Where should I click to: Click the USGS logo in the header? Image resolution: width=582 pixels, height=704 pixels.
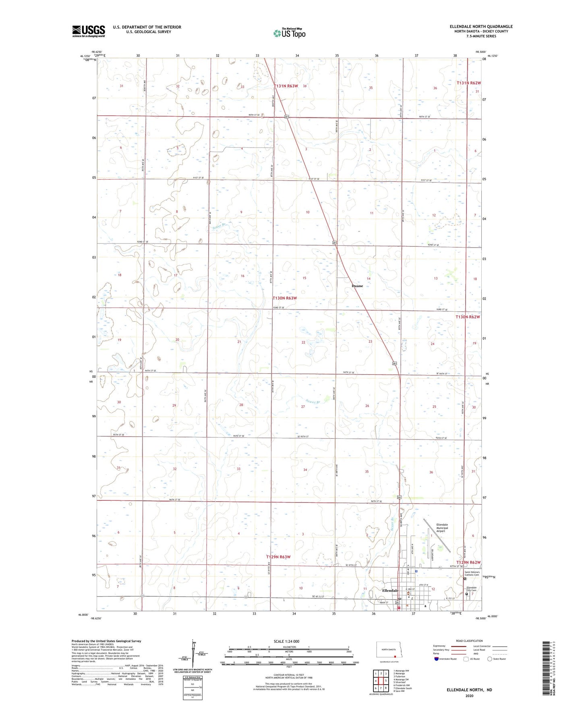pyautogui.click(x=89, y=31)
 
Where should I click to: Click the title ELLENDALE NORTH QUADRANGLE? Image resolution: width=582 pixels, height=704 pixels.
pyautogui.click(x=481, y=27)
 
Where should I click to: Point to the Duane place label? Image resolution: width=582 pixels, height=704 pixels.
pyautogui.click(x=357, y=286)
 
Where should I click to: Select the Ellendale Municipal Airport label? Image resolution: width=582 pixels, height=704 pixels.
pyautogui.click(x=442, y=528)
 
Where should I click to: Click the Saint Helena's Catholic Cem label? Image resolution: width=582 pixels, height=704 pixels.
pyautogui.click(x=473, y=573)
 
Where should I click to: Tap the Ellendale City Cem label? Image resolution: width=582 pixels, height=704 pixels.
pyautogui.click(x=471, y=589)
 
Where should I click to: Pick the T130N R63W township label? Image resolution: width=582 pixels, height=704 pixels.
pyautogui.click(x=285, y=298)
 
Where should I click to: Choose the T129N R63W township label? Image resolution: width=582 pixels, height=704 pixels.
pyautogui.click(x=278, y=557)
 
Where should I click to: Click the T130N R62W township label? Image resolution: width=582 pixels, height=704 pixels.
pyautogui.click(x=468, y=317)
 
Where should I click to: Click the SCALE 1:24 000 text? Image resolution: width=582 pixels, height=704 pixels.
pyautogui.click(x=286, y=641)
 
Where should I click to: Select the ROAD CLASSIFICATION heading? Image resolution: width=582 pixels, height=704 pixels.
pyautogui.click(x=469, y=641)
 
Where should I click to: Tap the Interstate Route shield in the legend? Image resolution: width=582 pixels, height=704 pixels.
pyautogui.click(x=436, y=659)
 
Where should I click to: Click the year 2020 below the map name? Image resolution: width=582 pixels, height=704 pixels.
pyautogui.click(x=469, y=696)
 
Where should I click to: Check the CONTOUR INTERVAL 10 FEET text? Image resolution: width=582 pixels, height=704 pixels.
pyautogui.click(x=288, y=676)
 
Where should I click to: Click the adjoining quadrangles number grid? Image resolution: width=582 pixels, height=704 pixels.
pyautogui.click(x=381, y=681)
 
